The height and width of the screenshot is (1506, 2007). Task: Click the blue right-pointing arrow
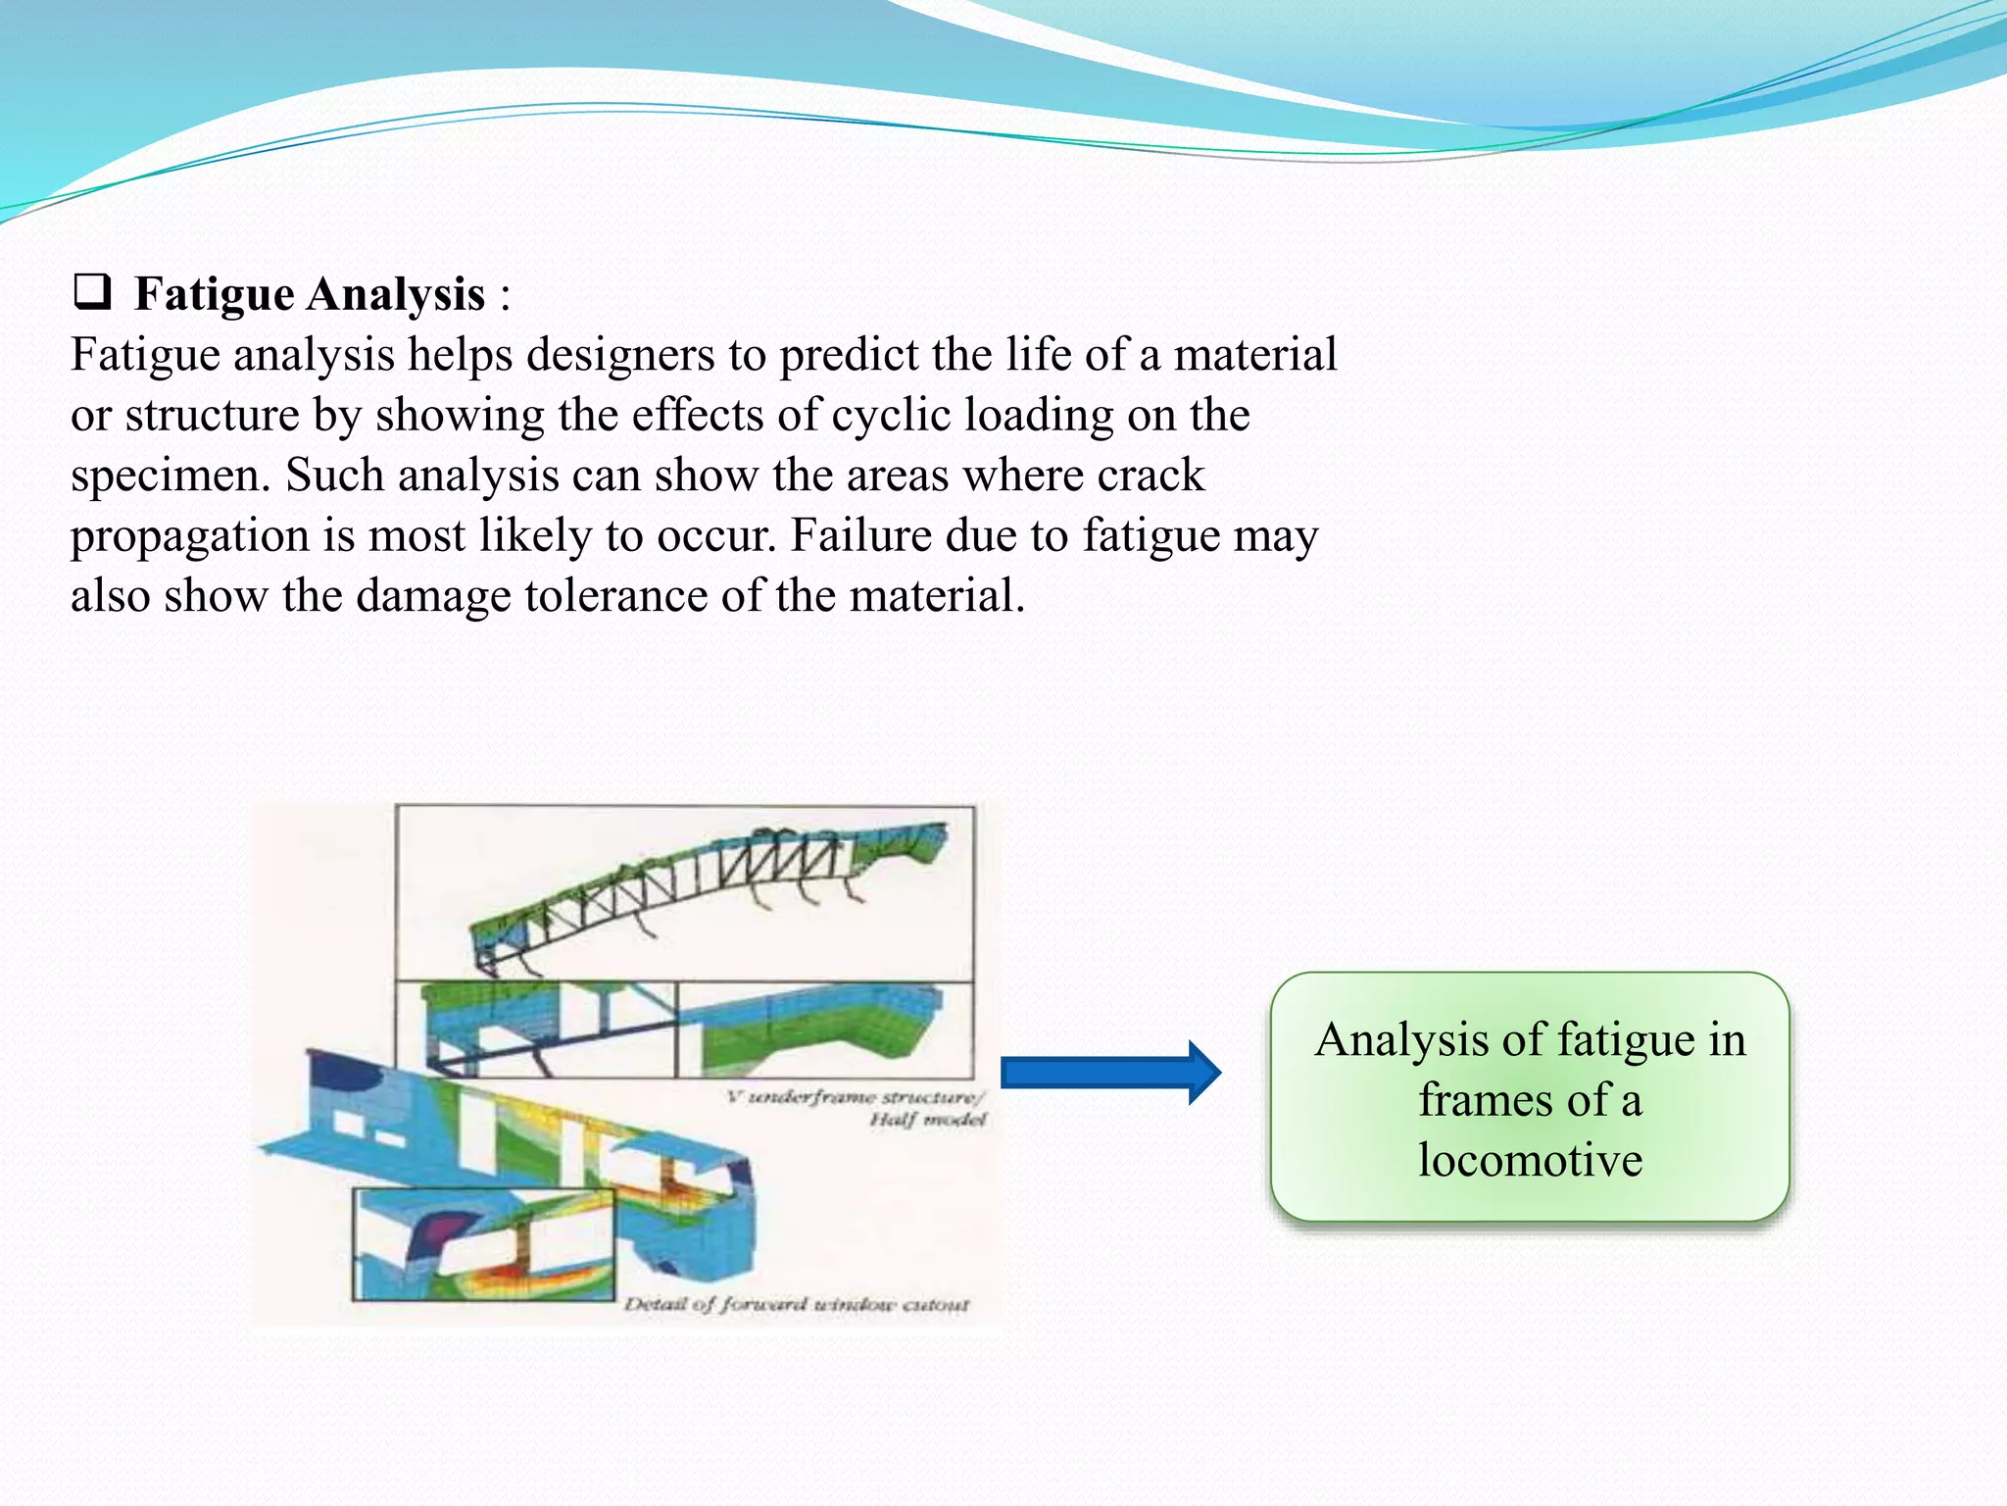pyautogui.click(x=1110, y=1073)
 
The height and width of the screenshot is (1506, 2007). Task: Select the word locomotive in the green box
pyautogui.click(x=1530, y=1161)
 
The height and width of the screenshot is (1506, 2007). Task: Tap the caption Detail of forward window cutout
pyautogui.click(x=797, y=1305)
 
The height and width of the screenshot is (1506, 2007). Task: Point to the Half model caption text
pyautogui.click(x=927, y=1120)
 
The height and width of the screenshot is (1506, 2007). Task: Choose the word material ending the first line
pyautogui.click(x=1255, y=355)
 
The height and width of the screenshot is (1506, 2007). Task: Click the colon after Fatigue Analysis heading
pyautogui.click(x=505, y=294)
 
